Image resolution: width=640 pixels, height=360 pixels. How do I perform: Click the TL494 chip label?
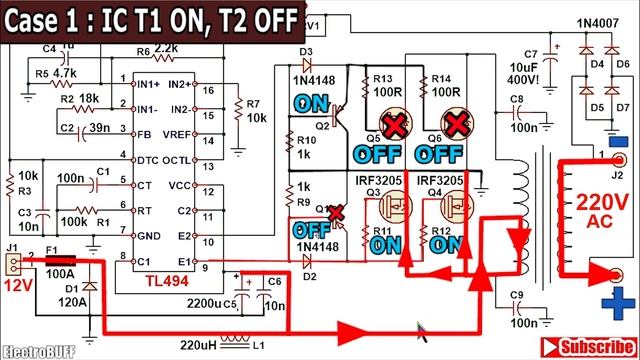tap(166, 284)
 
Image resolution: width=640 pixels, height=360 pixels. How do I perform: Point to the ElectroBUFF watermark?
tap(34, 351)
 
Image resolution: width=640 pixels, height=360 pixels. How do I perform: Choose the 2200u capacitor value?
tap(204, 300)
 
